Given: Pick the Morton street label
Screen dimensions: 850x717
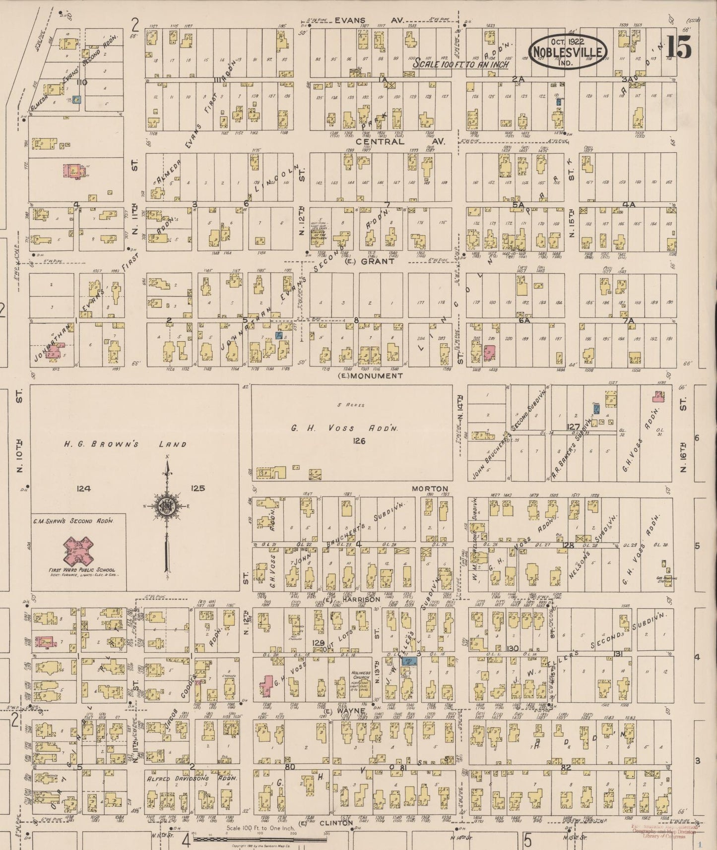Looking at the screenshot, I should point(430,488).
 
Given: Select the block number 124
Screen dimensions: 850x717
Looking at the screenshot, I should point(84,488).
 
